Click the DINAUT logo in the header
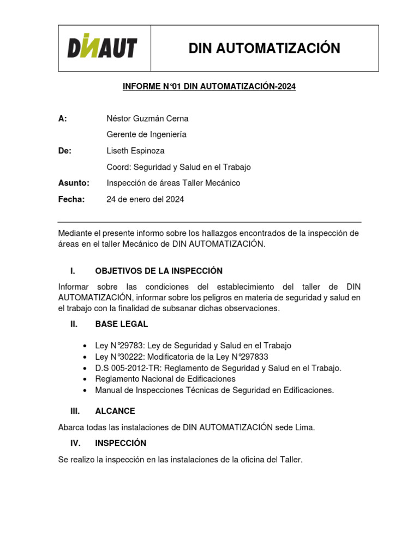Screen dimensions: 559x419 (102, 48)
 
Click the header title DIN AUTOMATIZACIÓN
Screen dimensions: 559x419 (264, 49)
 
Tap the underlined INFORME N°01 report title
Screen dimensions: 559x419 (209, 87)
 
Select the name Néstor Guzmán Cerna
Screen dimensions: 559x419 (147, 118)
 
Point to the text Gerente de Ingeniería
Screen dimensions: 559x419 (146, 134)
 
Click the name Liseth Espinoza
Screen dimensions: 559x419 (135, 151)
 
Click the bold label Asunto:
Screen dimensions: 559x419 (74, 183)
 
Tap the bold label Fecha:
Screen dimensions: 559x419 (71, 199)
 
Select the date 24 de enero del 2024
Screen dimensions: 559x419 (145, 199)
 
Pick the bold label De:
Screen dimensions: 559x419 (65, 151)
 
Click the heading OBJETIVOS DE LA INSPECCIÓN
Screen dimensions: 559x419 (159, 271)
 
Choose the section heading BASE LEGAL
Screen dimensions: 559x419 (121, 324)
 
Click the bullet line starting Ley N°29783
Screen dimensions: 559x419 (193, 346)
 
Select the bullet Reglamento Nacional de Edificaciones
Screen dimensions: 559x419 (165, 379)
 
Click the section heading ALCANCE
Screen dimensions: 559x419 (115, 411)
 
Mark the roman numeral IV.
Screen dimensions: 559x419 (75, 443)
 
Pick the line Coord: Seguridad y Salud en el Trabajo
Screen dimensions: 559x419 (178, 167)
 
